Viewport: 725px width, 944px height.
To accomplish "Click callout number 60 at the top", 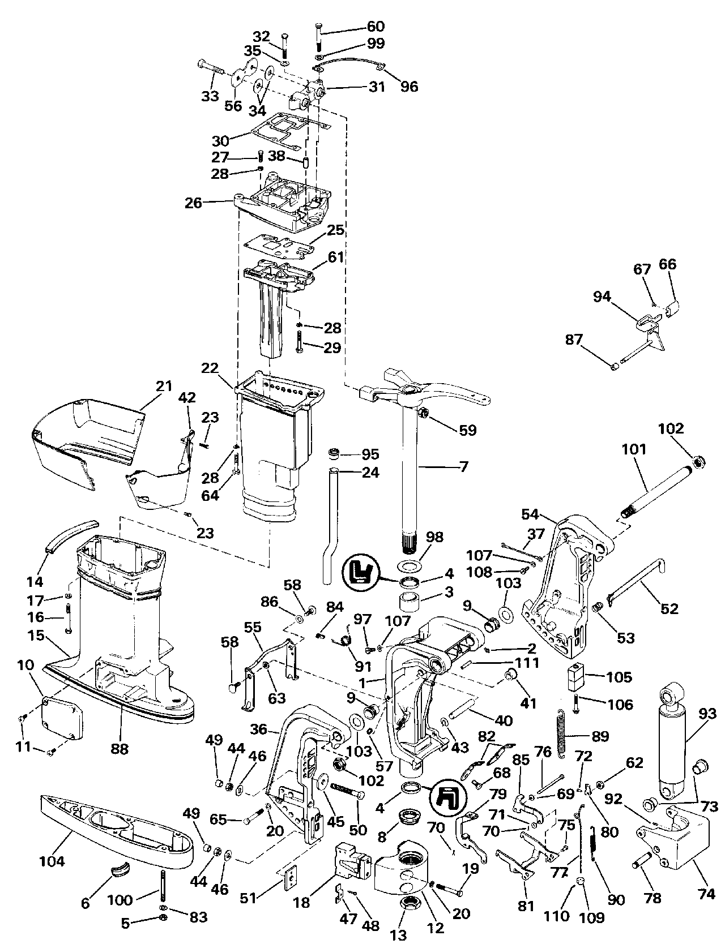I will tap(376, 26).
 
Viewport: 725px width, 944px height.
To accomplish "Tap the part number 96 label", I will tap(409, 86).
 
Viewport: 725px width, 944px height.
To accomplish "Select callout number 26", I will tap(193, 202).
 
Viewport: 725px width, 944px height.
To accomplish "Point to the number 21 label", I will tap(164, 387).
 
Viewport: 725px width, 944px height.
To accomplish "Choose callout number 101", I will tap(634, 450).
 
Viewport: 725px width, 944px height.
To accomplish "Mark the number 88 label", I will tap(120, 748).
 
